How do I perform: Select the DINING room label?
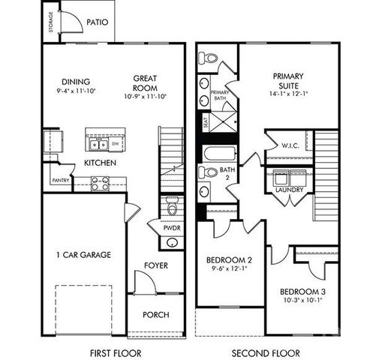[x=76, y=82]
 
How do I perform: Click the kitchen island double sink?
[x=96, y=144]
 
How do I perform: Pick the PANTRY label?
[x=61, y=181]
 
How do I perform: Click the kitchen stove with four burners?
[x=100, y=181]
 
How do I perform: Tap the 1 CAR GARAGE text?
[x=83, y=255]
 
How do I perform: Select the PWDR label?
[x=172, y=227]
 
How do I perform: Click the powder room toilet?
[x=172, y=205]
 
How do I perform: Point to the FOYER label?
[x=155, y=265]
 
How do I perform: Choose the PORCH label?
[x=155, y=315]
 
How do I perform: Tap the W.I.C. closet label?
[x=290, y=145]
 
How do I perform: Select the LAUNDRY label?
[x=289, y=190]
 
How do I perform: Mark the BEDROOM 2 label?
[x=229, y=261]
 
